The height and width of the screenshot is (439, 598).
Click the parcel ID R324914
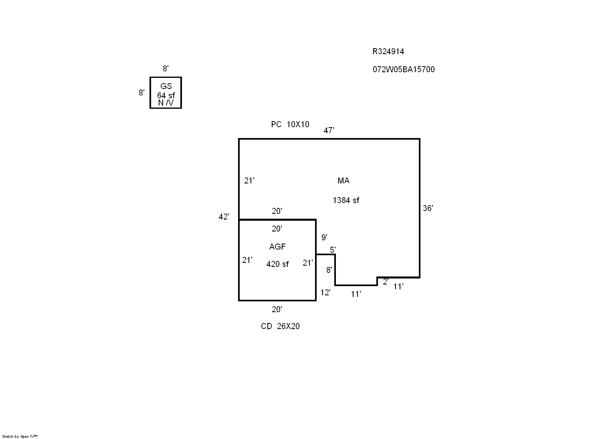[x=388, y=51]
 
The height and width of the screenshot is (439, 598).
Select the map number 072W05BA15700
[x=403, y=69]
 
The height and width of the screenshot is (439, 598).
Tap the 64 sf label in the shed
[x=166, y=96]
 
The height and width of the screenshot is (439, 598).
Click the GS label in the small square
[x=166, y=86]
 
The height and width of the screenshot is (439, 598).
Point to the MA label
[x=343, y=181]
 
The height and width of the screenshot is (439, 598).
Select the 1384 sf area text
[x=346, y=200]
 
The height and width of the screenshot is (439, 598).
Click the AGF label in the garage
[x=277, y=247]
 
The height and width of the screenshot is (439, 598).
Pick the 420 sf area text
[x=277, y=264]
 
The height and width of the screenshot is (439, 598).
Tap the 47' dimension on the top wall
[x=329, y=130]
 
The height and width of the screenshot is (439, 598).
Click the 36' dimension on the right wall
[x=428, y=208]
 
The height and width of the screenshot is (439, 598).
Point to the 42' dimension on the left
[x=224, y=217]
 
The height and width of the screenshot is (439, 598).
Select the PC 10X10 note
[x=290, y=124]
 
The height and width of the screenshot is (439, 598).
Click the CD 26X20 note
[x=280, y=326]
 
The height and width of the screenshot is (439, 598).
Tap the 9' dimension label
[x=324, y=238]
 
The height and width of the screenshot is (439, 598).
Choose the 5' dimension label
[x=333, y=250]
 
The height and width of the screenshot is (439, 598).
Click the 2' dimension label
[x=386, y=282]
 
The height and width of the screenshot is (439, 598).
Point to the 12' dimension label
[x=325, y=293]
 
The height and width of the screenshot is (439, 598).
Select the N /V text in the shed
[x=166, y=103]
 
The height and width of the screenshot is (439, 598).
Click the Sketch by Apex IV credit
[x=20, y=436]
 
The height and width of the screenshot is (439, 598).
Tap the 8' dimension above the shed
[x=166, y=69]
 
